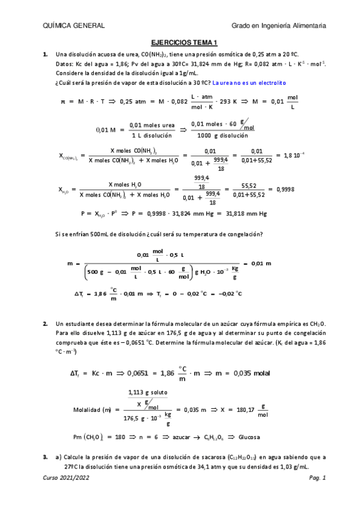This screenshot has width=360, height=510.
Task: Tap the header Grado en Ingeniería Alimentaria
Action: (x=279, y=25)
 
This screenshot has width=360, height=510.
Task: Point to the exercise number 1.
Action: (x=44, y=55)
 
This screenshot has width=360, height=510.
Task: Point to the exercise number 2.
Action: (x=44, y=324)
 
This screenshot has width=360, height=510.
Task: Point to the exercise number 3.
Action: (x=44, y=458)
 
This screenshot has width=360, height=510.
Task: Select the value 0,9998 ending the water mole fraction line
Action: (x=285, y=189)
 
